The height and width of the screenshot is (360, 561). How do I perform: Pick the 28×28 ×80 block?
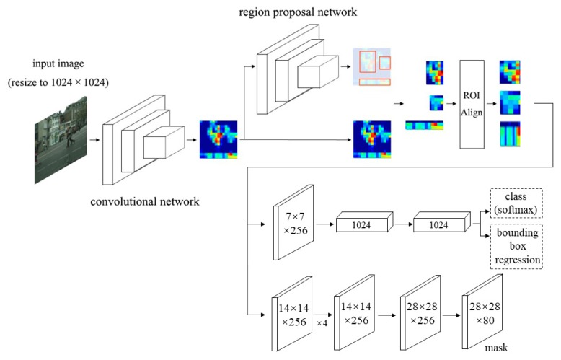click(x=482, y=309)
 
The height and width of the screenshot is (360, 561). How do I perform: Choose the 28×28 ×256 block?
click(x=419, y=309)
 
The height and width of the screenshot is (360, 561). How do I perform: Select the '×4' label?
click(x=323, y=322)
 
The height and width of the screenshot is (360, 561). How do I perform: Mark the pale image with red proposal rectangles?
click(x=371, y=68)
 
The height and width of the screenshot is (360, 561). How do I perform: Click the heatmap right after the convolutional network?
click(x=218, y=139)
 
